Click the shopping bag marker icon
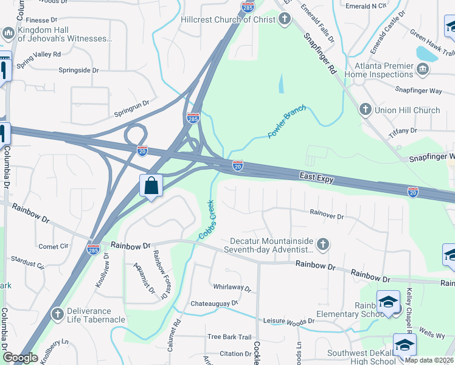(151, 186)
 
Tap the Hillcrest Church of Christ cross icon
(285, 19)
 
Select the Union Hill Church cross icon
(365, 110)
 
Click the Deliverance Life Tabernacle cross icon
(58, 314)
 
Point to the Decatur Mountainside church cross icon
(323, 244)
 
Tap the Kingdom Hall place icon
(9, 33)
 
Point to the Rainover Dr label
(327, 215)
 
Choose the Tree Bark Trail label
(229, 337)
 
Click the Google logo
(20, 358)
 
